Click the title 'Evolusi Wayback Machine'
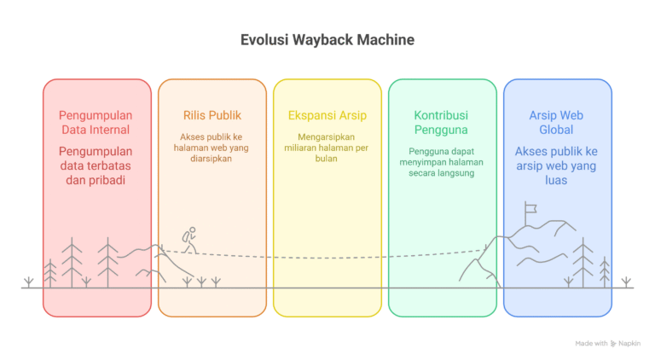coord(327,40)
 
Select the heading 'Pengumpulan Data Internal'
coord(96,122)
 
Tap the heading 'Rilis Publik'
coord(212,115)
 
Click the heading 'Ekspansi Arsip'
coord(327,115)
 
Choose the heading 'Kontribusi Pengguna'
coord(443,122)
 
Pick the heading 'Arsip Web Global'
coord(556,122)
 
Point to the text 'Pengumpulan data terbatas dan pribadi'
coord(96,166)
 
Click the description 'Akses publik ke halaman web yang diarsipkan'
coord(212,147)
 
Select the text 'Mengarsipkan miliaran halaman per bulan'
coord(327,147)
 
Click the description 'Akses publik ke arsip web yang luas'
coord(556,166)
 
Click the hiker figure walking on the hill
coord(189,240)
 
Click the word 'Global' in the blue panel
coord(556,130)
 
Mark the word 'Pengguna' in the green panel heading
coord(443,130)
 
